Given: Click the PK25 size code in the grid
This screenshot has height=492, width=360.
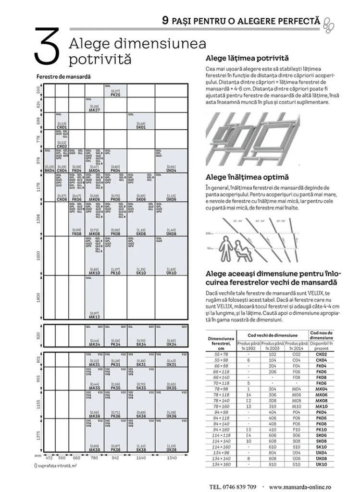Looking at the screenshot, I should pos(115,95).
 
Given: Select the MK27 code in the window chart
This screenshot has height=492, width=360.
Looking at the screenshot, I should pos(94,110).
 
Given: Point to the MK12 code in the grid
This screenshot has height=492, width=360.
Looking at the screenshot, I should pos(94,317).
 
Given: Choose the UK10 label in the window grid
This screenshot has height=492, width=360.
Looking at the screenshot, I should pos(171,273).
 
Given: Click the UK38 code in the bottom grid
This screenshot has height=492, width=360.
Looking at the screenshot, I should pos(171,450).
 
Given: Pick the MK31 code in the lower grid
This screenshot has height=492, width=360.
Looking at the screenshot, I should pos(94,365).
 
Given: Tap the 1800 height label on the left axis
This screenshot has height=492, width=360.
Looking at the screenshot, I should pos(39,297).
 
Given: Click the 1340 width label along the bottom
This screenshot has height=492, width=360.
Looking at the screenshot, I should pos(171,458).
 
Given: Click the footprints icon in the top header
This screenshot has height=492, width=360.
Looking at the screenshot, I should pos(329,22).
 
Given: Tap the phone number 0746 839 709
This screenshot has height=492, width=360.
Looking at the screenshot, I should pos(233,486).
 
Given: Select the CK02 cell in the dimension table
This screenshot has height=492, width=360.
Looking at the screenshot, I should pos(322,354).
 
